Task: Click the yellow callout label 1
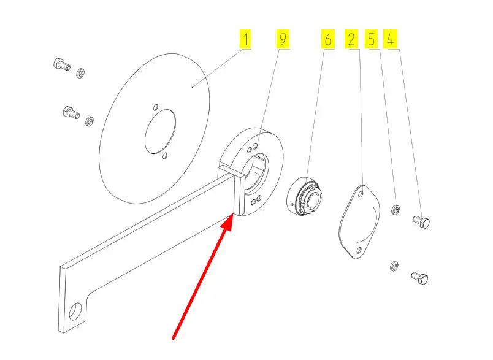click(245, 39)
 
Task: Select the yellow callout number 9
click(283, 39)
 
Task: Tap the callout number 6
click(327, 39)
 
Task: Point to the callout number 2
click(351, 39)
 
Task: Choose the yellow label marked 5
click(372, 39)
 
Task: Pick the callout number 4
click(390, 39)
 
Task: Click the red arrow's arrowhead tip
click(233, 214)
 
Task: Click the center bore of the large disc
click(160, 131)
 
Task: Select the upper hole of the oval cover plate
click(361, 194)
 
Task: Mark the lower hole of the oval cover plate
click(359, 251)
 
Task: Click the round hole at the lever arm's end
click(75, 312)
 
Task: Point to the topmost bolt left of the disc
click(61, 64)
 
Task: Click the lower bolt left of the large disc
click(71, 113)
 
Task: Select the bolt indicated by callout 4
click(421, 222)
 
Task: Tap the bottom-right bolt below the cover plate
click(420, 278)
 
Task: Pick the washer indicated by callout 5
click(396, 209)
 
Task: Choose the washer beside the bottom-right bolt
click(394, 266)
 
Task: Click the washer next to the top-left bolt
click(81, 72)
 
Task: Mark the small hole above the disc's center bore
click(155, 107)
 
